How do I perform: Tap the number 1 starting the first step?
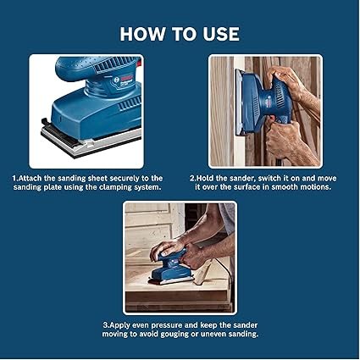click(14, 179)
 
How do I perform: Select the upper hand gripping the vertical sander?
click(285, 81)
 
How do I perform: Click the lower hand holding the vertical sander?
click(282, 137)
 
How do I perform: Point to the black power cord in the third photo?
click(227, 278)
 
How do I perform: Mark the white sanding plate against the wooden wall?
click(239, 101)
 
